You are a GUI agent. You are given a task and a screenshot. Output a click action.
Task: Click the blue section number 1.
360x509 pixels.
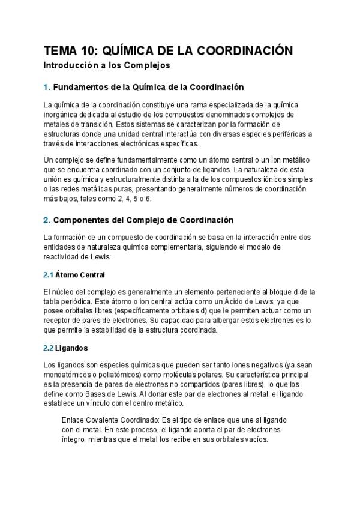pos(47,87)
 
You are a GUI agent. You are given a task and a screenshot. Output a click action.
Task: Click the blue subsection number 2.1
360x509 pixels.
pos(49,276)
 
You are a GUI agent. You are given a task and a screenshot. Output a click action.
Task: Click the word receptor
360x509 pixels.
pos(58,321)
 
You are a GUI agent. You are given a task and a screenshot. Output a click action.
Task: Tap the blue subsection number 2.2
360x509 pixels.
pos(49,348)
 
